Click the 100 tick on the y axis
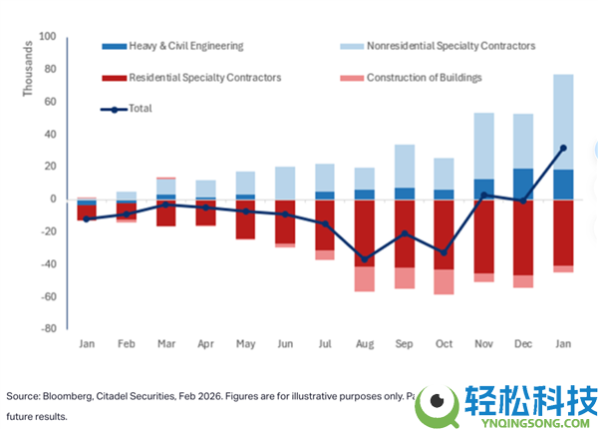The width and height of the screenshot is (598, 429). (48, 37)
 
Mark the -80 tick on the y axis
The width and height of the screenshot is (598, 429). (48, 328)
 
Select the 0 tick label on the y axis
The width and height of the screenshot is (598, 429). (54, 199)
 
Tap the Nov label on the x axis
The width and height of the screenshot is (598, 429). (484, 343)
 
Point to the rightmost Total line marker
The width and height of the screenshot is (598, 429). (563, 148)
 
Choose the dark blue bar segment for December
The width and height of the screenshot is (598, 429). (522, 184)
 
